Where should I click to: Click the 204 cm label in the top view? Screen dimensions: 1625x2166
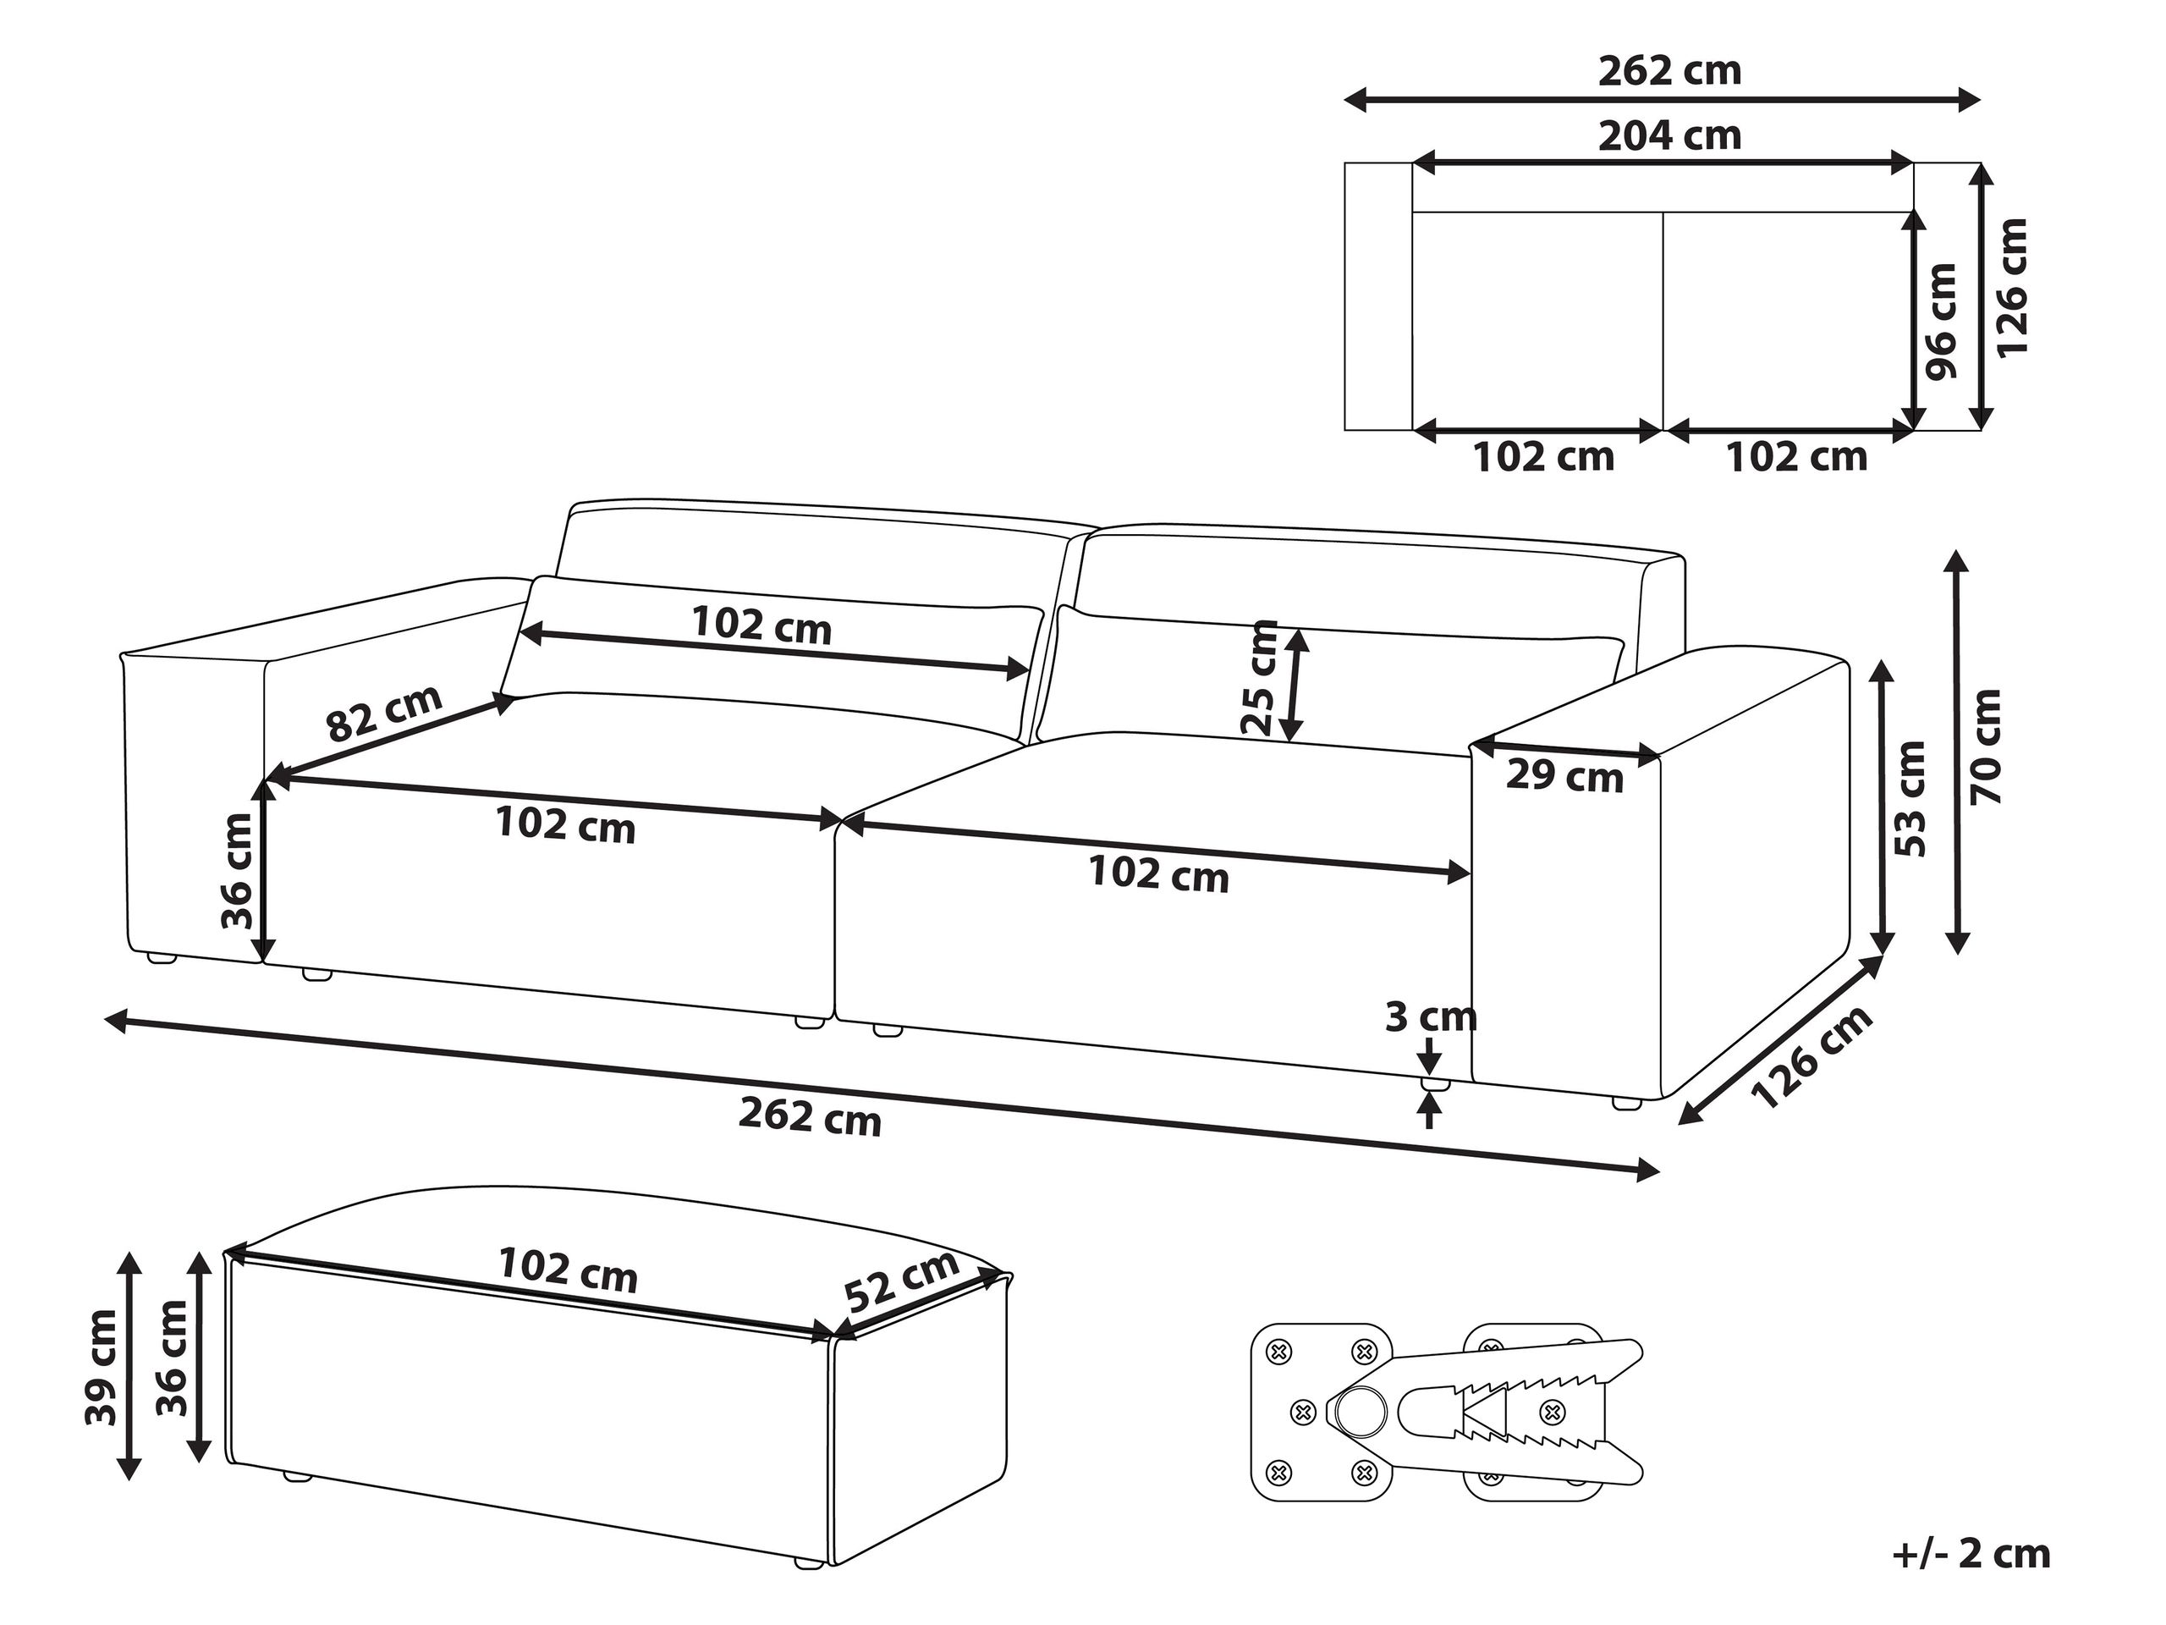pos(1669,136)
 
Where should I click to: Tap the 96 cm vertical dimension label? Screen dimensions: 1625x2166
pos(1940,320)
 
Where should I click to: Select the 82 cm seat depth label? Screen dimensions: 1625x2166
pos(384,713)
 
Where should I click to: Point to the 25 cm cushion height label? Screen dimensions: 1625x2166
pos(1259,678)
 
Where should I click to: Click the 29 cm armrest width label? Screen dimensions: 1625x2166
pos(1564,777)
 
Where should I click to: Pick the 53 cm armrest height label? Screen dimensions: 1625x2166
pos(1910,799)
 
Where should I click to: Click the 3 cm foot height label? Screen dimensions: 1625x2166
pos(1431,1016)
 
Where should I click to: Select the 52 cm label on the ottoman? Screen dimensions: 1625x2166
pos(901,1282)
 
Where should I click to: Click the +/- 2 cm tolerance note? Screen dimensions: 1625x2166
pos(1972,1555)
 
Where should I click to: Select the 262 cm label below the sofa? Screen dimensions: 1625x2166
pos(810,1116)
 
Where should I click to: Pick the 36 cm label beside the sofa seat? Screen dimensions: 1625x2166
pos(238,872)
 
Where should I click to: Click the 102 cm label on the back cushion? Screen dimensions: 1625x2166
pos(761,625)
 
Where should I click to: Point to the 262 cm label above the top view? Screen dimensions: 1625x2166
pos(1669,71)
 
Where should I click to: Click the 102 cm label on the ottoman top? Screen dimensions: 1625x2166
pos(568,1270)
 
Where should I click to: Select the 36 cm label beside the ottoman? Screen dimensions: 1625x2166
pos(173,1358)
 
